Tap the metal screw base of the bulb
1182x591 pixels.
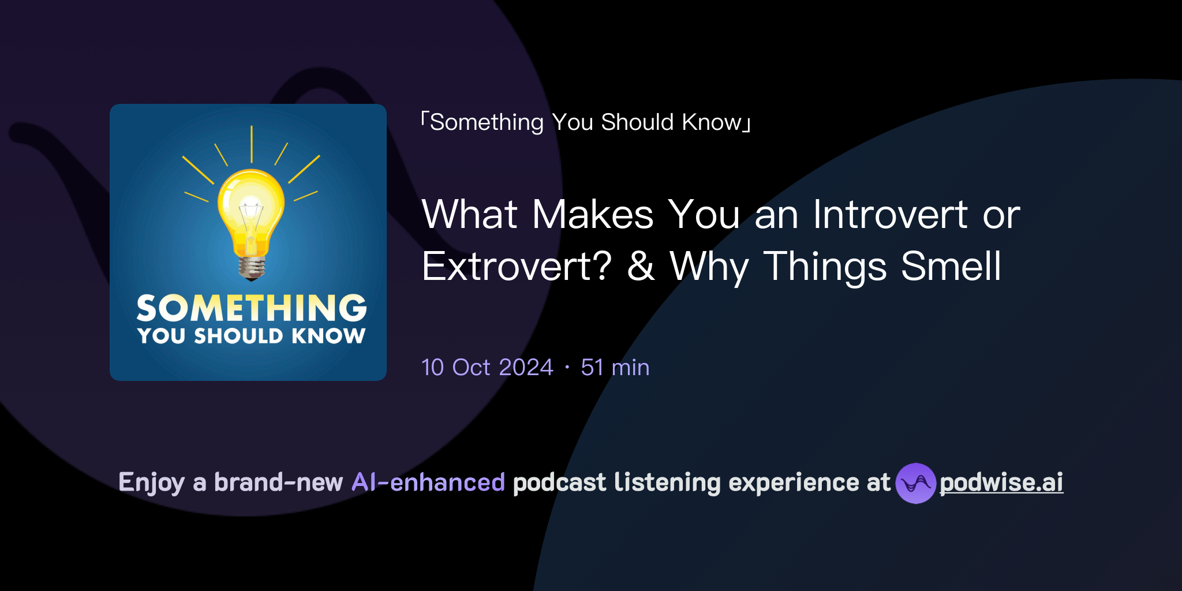click(252, 267)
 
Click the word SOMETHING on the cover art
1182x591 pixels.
click(252, 308)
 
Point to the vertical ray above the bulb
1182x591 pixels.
click(252, 144)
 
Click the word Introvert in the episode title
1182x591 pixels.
click(891, 215)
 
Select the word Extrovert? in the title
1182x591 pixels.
click(516, 267)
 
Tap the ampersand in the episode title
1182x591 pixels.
click(641, 267)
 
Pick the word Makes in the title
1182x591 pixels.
click(593, 215)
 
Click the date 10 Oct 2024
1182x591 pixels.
click(487, 368)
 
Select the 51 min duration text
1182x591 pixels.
click(615, 368)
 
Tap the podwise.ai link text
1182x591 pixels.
click(1001, 482)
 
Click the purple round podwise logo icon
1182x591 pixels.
click(915, 483)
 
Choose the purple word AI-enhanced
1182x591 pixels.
click(428, 482)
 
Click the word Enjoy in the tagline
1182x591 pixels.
click(151, 482)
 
